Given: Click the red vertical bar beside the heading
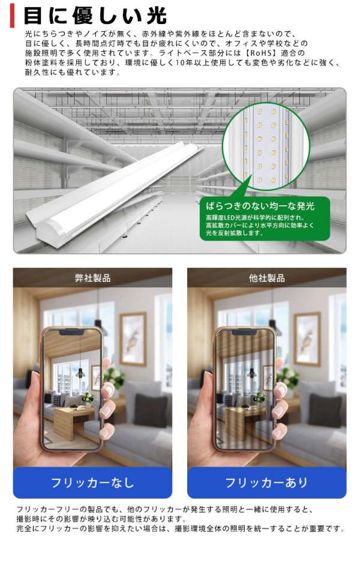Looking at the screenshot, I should [x=13, y=15].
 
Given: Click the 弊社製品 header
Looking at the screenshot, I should [x=92, y=278].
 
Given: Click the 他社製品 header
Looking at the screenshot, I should [x=266, y=278].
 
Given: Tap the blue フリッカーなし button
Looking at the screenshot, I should [x=92, y=482].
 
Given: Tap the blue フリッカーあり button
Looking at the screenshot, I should [x=266, y=482].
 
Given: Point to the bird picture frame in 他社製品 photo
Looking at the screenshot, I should [x=307, y=339].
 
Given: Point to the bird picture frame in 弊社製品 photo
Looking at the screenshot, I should [x=133, y=339].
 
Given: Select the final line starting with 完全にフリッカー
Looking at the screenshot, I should [x=180, y=529].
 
